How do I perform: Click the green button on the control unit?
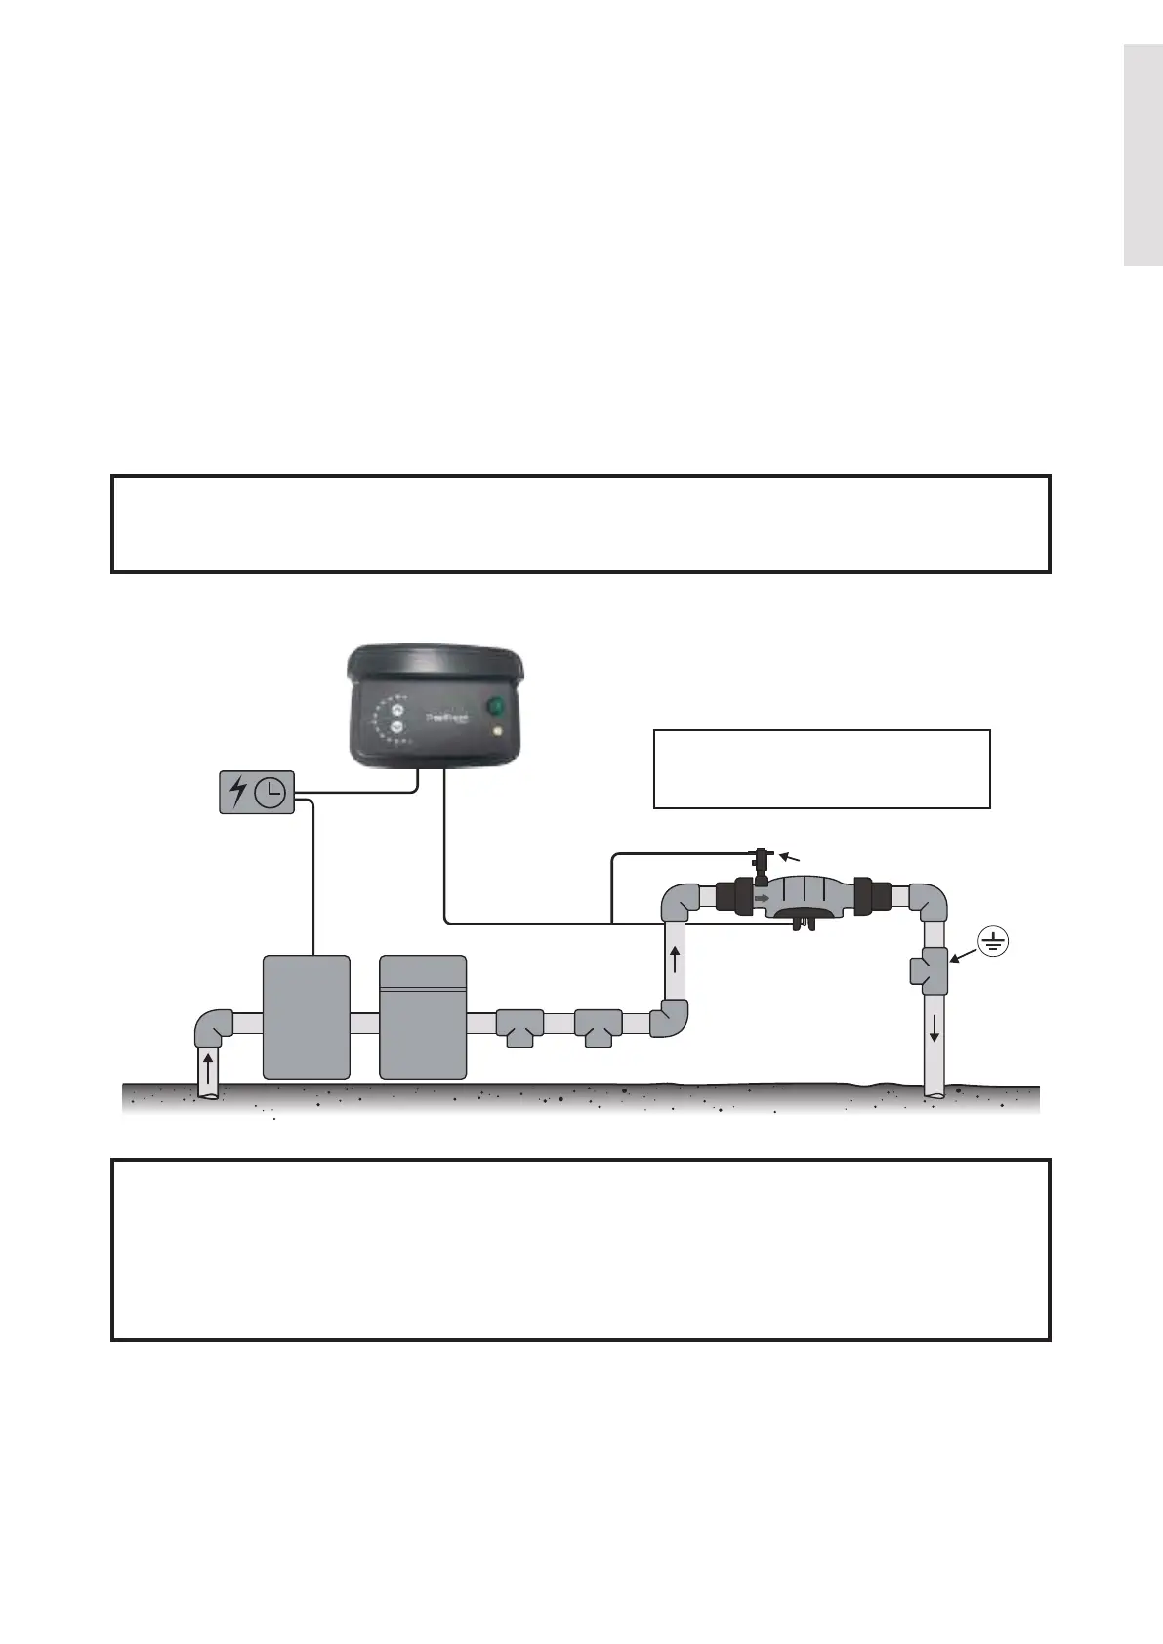(496, 706)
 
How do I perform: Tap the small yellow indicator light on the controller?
(498, 732)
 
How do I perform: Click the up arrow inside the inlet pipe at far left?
(207, 1067)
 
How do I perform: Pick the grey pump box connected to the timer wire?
(307, 1016)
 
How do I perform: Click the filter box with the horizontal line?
(423, 1016)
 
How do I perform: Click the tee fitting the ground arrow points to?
(932, 969)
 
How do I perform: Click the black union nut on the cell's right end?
(867, 895)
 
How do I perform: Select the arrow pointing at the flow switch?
(792, 857)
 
